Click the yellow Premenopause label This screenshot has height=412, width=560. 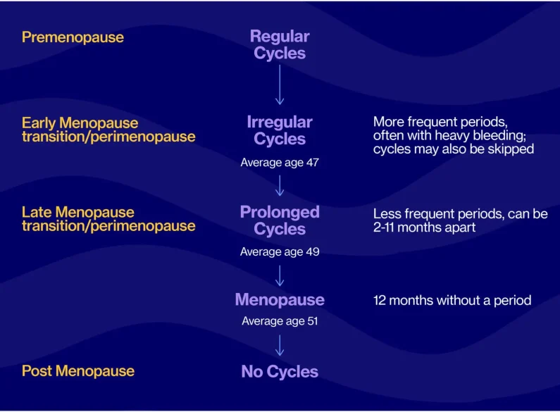click(x=73, y=37)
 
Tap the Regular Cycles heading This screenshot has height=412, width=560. click(x=280, y=44)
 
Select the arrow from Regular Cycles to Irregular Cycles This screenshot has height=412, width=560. click(x=280, y=85)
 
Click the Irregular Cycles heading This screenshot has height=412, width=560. click(x=280, y=130)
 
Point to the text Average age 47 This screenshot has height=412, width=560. click(x=280, y=163)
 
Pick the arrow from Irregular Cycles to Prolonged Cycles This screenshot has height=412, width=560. click(x=280, y=185)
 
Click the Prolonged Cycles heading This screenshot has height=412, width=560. click(x=280, y=220)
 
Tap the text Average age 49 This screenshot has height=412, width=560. click(x=280, y=251)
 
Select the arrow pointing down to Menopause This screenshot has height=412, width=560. click(x=280, y=275)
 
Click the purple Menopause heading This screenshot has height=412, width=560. click(x=280, y=299)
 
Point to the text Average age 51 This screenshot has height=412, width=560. click(x=280, y=321)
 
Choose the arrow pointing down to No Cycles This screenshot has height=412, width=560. click(x=280, y=345)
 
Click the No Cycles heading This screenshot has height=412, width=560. click(x=280, y=371)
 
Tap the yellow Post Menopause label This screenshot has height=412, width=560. click(x=78, y=371)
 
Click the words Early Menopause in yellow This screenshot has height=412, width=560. click(x=80, y=123)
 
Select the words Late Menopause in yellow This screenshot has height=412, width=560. click(x=78, y=212)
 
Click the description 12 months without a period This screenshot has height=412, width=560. click(x=452, y=300)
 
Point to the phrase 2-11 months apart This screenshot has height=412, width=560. click(x=424, y=227)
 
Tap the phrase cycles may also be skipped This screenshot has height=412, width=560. click(x=454, y=149)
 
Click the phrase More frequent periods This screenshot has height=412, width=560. click(x=440, y=122)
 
